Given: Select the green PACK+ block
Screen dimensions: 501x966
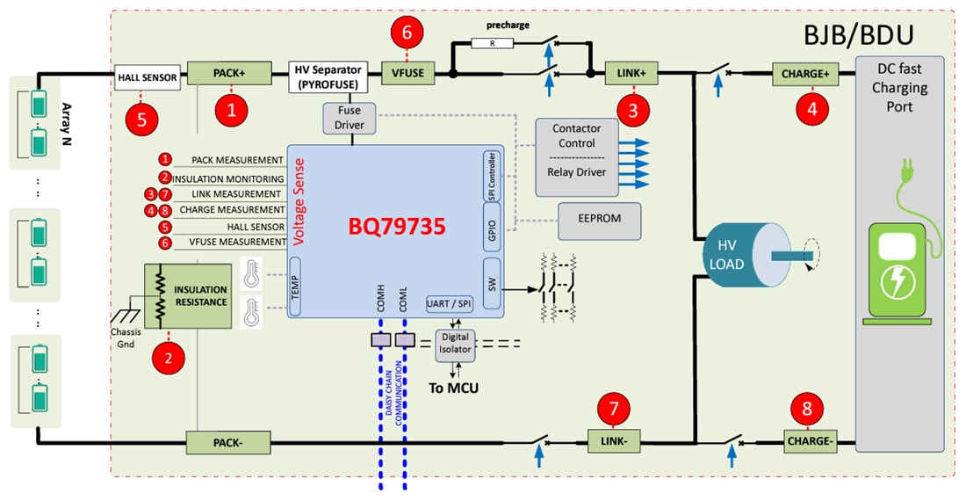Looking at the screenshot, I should point(227,74).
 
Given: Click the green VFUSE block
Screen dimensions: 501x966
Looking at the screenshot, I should point(407,74).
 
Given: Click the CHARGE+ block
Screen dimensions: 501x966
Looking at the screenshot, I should point(804,74).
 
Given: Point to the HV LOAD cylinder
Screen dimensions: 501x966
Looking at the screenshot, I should point(742,255).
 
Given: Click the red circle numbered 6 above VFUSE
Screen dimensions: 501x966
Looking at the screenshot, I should point(407,32).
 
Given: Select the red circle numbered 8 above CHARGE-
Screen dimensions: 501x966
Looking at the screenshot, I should point(807,409).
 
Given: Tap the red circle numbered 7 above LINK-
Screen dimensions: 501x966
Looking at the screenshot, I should point(612,409).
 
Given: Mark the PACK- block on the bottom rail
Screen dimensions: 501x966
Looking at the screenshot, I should point(227,440).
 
